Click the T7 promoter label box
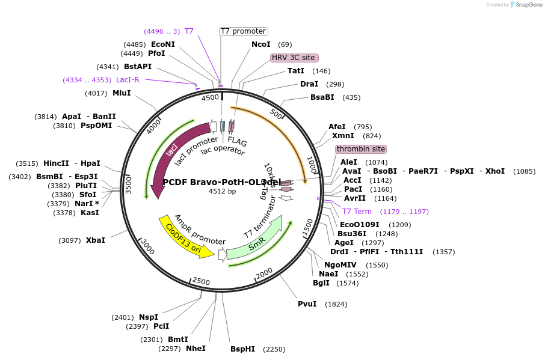point(243,31)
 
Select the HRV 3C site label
point(294,58)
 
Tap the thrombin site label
point(361,149)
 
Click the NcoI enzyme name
point(261,44)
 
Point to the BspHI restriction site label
point(243,349)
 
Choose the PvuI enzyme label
point(307,304)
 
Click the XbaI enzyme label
point(96,240)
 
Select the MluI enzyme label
point(122,93)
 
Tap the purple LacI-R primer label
point(128,80)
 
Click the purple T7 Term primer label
point(357,212)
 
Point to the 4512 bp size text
point(222,191)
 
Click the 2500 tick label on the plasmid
point(201,281)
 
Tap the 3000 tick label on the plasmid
point(147,246)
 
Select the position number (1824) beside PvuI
point(336,304)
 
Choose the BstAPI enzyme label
point(138,67)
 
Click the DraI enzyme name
point(309,84)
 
